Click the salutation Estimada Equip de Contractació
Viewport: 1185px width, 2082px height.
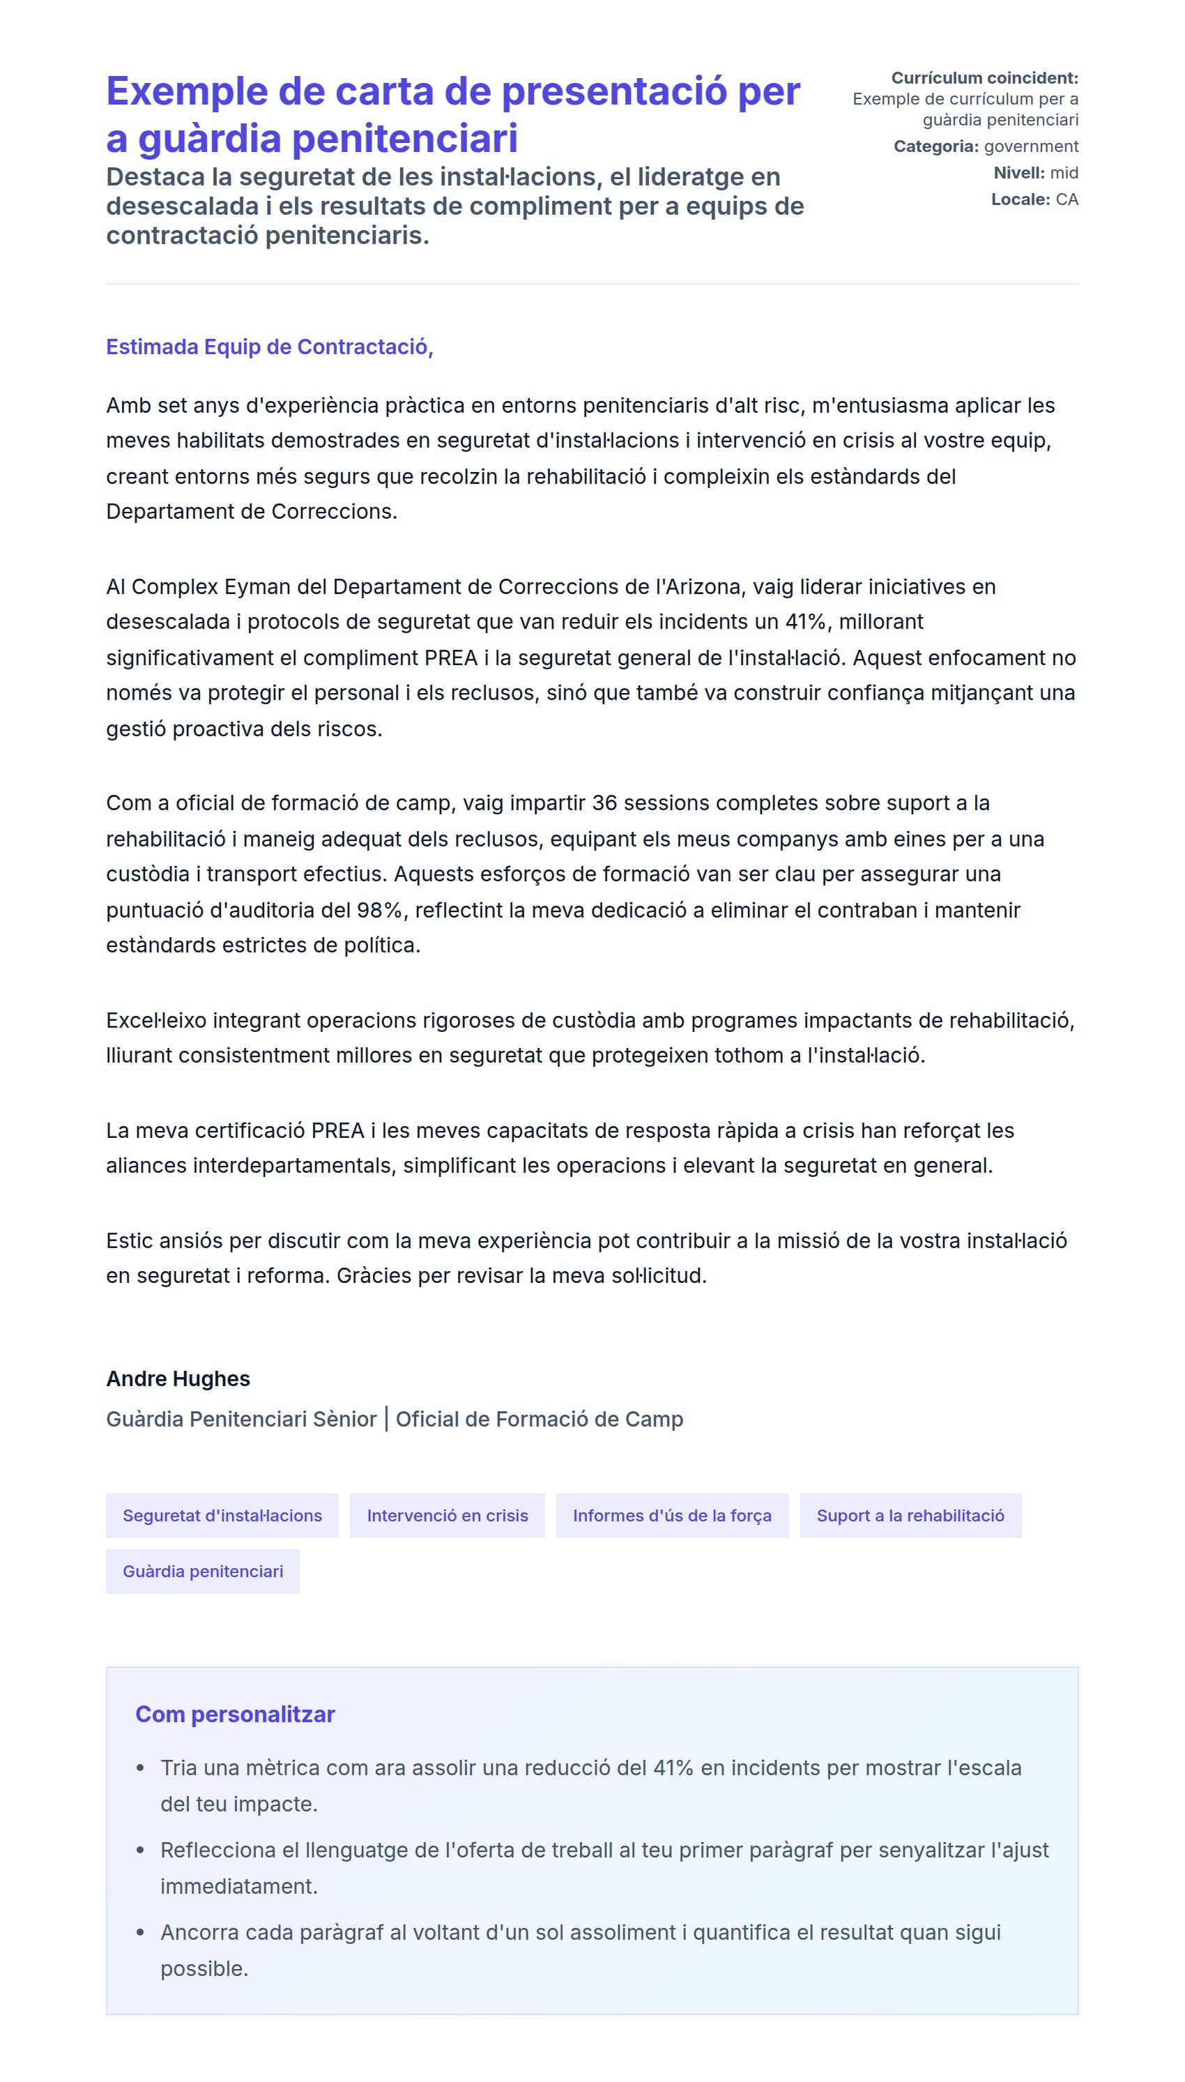[x=268, y=347]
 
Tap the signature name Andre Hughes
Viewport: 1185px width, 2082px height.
[x=178, y=1378]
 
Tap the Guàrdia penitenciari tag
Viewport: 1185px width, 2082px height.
[x=203, y=1570]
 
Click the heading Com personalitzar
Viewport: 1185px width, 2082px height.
[x=234, y=1713]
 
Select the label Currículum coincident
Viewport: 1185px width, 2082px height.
[x=984, y=78]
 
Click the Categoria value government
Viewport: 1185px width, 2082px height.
[x=1030, y=146]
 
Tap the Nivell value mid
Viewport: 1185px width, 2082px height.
[x=1064, y=172]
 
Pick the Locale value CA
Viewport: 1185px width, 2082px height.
[x=1066, y=199]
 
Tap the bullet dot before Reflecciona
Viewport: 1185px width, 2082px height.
[x=141, y=1850]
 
